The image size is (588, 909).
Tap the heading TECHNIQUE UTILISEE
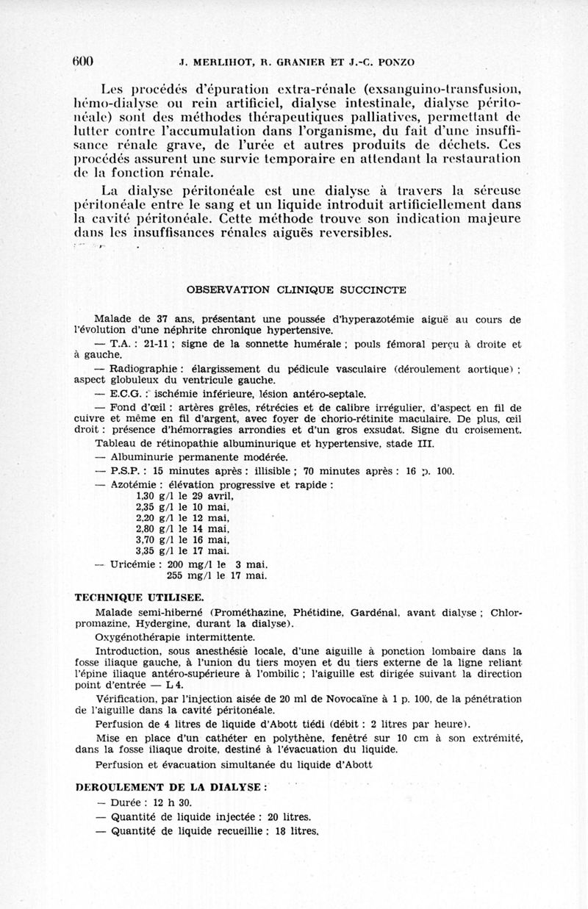(140, 598)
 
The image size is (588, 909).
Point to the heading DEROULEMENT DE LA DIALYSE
(170, 786)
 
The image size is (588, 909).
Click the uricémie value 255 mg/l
(186, 575)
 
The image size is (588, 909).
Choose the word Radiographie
(144, 367)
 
